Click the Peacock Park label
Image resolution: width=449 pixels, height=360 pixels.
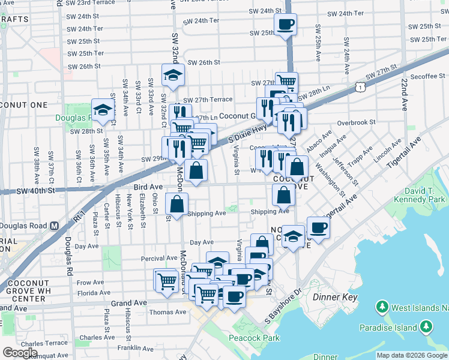pyautogui.click(x=255, y=338)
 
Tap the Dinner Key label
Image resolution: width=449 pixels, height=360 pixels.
pyautogui.click(x=335, y=297)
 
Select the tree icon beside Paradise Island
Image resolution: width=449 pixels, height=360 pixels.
pyautogui.click(x=426, y=327)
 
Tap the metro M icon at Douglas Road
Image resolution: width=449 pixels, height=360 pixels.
pyautogui.click(x=54, y=226)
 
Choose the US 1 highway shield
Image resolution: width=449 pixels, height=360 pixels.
pyautogui.click(x=358, y=88)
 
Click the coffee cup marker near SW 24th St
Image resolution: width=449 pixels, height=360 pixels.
pyautogui.click(x=285, y=24)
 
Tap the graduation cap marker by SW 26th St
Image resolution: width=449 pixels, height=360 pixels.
pyautogui.click(x=173, y=74)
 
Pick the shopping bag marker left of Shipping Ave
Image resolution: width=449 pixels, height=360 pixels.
pyautogui.click(x=177, y=204)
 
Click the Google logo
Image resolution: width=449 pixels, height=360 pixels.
pyautogui.click(x=20, y=353)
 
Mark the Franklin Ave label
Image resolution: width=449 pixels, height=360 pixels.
pyautogui.click(x=133, y=347)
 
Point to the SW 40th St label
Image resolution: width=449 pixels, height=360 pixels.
pyautogui.click(x=35, y=191)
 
